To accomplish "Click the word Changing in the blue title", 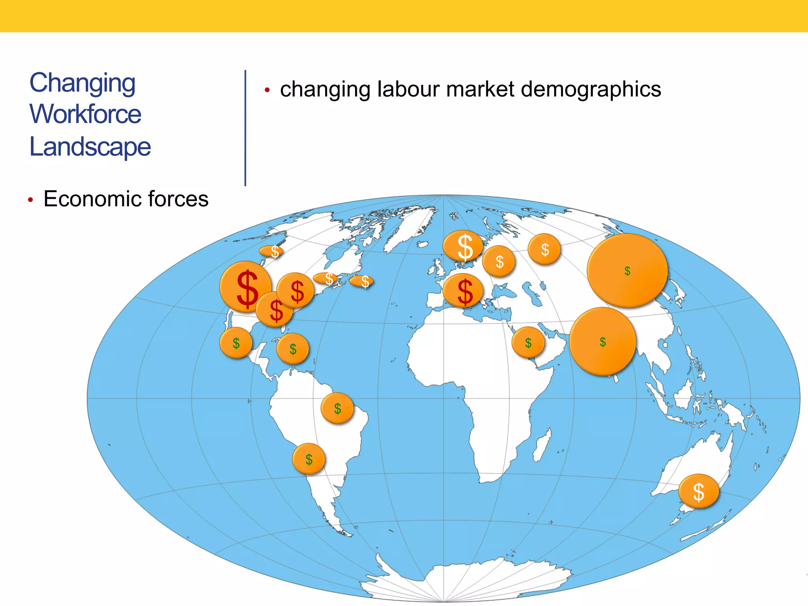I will coord(82,83).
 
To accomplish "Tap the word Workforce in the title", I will coord(85,114).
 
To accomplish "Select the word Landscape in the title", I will coord(90,147).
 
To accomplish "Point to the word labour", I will coord(408,89).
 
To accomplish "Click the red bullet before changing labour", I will coord(267,90).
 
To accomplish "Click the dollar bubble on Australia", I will coord(698,491).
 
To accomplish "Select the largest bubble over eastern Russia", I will coord(627,271).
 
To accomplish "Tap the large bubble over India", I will coord(602,341).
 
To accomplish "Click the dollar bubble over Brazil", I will coord(337,408).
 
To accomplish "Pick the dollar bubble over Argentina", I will coord(309,459).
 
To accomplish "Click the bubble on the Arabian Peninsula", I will coord(528,342).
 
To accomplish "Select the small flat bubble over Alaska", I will coord(272,251).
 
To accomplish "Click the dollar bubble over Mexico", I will coord(236,343).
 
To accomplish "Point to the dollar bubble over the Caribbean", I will coord(293,348).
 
